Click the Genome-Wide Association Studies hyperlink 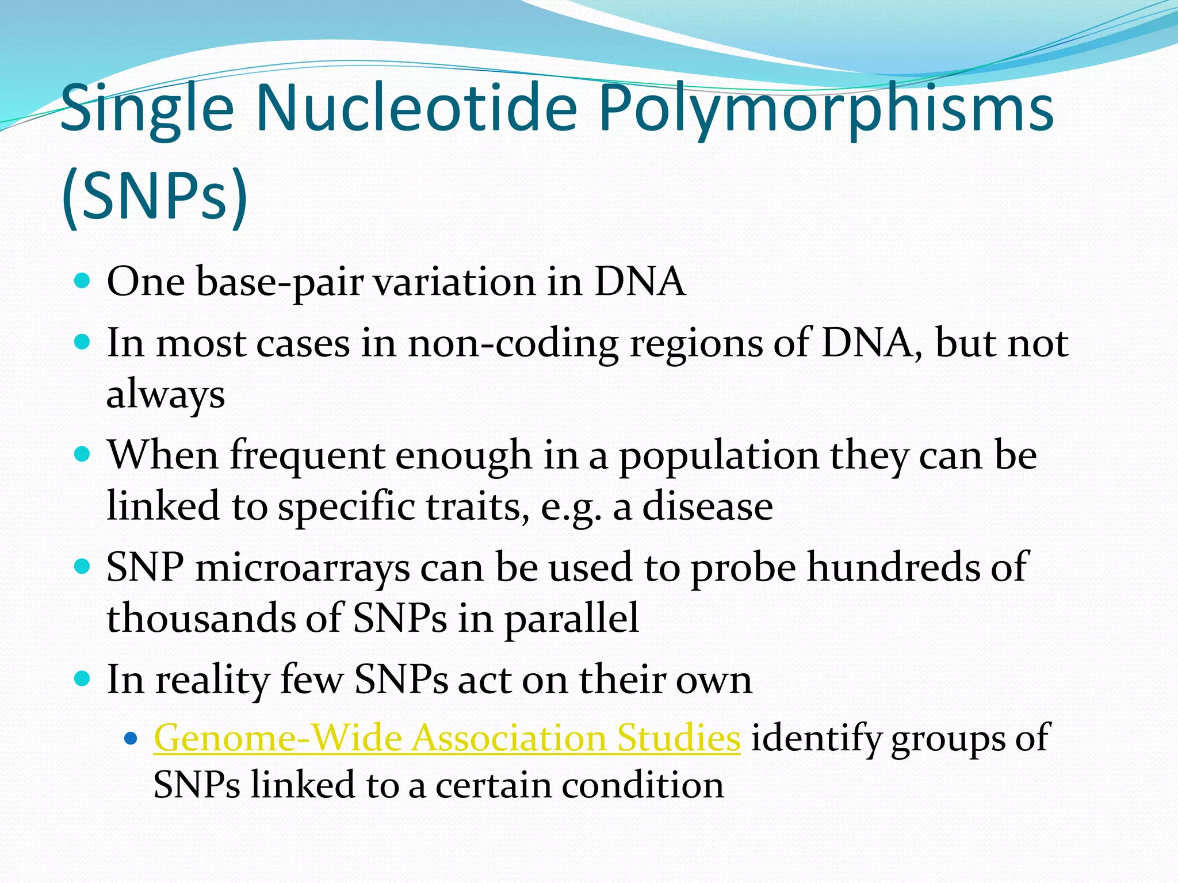click(446, 738)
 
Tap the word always click(165, 396)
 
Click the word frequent click(307, 456)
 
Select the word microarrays click(303, 568)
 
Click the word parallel click(571, 618)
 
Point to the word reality click(212, 680)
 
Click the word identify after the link click(815, 738)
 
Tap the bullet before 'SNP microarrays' click(83, 567)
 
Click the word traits click(477, 506)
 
